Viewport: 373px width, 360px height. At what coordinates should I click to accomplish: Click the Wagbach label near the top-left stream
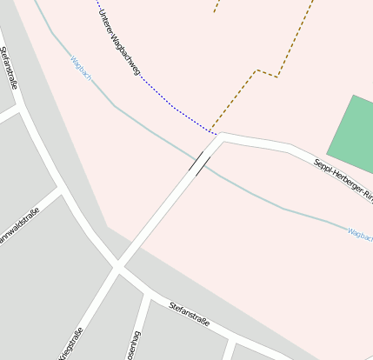point(81,70)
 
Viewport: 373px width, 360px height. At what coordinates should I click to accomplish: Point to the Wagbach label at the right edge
point(359,233)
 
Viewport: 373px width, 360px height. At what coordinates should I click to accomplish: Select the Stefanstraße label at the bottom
point(190,314)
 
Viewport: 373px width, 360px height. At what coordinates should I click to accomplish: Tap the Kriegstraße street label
point(71,343)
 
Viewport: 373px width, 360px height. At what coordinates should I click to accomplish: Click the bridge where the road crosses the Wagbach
point(200,161)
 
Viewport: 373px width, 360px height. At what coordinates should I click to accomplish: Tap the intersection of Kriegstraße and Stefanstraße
point(117,265)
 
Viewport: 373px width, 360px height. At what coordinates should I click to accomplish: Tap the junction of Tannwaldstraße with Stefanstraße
point(62,188)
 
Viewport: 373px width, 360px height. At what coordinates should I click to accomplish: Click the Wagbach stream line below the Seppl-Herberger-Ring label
point(296,210)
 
